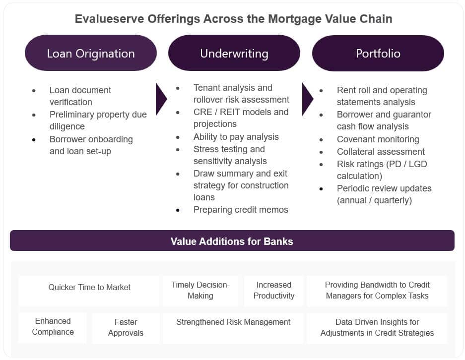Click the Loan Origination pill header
(91, 53)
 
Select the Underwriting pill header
(234, 53)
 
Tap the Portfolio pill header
(378, 53)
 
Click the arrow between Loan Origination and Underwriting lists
(161, 99)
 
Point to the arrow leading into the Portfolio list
(308, 99)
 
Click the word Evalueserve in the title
(110, 19)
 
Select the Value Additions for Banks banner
(232, 240)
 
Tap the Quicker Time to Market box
(89, 291)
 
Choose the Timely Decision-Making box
(200, 291)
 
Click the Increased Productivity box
(274, 291)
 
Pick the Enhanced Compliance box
(53, 328)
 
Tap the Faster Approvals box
(126, 328)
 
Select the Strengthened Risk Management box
(233, 328)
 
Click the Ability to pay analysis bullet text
(236, 137)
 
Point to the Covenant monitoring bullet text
(378, 139)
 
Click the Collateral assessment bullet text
(381, 152)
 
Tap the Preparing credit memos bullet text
(241, 210)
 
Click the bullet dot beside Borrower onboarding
(34, 139)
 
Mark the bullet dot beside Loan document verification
(34, 91)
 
